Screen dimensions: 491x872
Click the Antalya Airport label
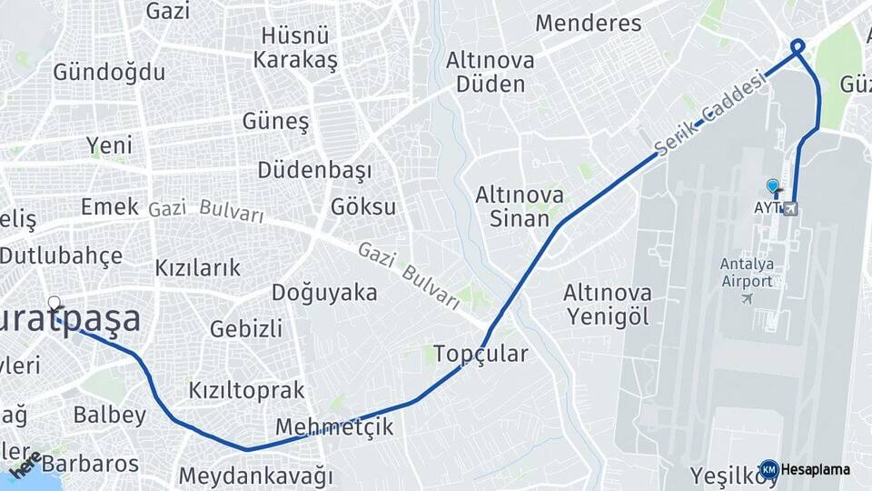[x=747, y=272]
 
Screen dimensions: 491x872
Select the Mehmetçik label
[x=334, y=426]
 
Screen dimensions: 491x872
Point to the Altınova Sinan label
[x=520, y=206]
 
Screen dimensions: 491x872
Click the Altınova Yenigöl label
[x=607, y=305]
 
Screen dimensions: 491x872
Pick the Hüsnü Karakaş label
[x=295, y=48]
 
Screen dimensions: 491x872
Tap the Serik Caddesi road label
[x=711, y=114]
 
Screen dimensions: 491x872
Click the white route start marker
[x=54, y=303]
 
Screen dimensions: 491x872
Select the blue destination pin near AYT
[x=773, y=186]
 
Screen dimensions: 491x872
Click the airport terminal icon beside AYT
[x=790, y=208]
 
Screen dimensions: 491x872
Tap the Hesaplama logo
[x=807, y=469]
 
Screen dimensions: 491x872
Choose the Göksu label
[x=363, y=206]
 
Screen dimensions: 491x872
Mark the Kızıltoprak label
[x=245, y=390]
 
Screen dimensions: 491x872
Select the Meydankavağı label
[x=255, y=475]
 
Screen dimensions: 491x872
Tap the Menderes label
[x=588, y=23]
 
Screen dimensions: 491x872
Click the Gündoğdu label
[x=109, y=72]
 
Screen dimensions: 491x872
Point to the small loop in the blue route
[x=798, y=45]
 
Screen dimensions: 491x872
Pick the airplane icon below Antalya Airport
[x=748, y=298]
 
